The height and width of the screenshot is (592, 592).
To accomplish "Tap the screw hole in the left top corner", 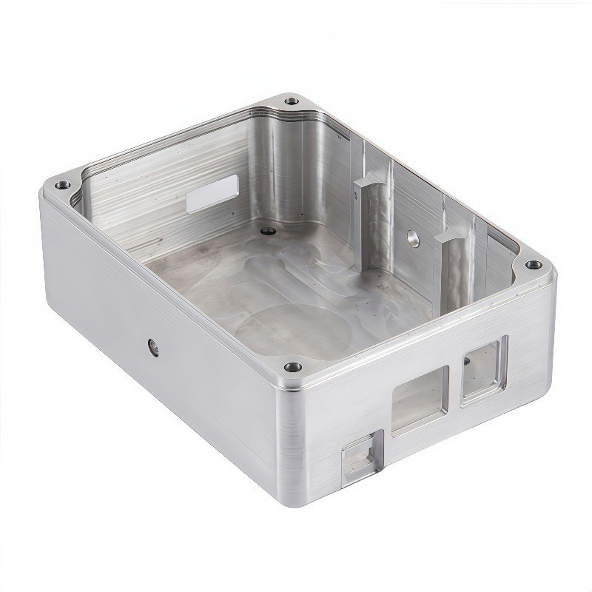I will tap(61, 180).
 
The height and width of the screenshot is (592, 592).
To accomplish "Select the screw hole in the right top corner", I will tap(531, 265).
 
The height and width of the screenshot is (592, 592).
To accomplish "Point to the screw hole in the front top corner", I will tap(291, 365).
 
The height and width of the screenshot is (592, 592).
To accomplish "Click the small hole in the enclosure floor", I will tap(263, 231).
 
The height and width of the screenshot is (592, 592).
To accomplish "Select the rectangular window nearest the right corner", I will tap(485, 369).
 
